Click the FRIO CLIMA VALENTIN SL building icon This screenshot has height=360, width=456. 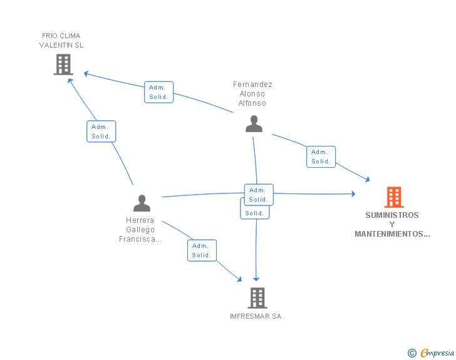pos(63,64)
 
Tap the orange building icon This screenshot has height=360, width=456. pos(393,197)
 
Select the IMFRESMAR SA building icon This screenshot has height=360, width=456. pos(257,298)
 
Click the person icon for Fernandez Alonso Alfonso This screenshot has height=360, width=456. pos(254,123)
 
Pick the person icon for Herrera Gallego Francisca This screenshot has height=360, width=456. pos(142,203)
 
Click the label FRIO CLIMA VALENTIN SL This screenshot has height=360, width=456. pos(61,40)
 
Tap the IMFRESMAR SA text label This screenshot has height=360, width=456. pos(256,316)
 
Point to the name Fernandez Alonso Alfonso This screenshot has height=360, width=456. pos(252,94)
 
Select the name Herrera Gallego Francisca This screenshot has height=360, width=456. pos(140,230)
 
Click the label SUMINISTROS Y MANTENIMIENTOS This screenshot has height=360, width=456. pos(392,225)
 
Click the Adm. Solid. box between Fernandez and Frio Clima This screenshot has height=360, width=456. pos(158,92)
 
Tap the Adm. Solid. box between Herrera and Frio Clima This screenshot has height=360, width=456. pos(101,131)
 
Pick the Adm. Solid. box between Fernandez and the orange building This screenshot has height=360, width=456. pos(321,157)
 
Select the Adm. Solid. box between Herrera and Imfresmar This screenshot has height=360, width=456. pos(202,250)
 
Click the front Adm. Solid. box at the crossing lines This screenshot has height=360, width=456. pos(258,195)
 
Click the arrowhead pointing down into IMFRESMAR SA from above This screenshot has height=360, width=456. pos(256,279)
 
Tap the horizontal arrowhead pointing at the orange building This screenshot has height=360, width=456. pos(353,195)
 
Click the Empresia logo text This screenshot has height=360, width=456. pos(437,353)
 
